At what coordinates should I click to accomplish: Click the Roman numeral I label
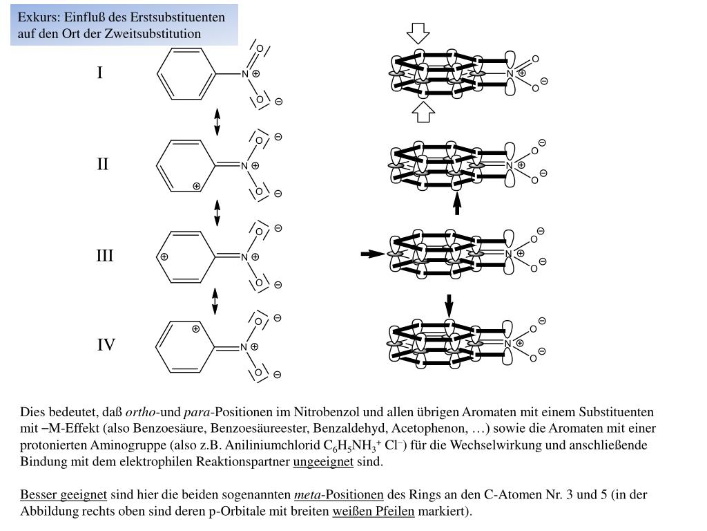(x=100, y=73)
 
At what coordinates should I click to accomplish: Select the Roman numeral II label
(x=102, y=165)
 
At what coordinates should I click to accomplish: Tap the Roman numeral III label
(x=104, y=257)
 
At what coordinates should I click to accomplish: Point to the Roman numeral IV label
(x=106, y=344)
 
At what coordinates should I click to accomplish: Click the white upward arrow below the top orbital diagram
(x=423, y=112)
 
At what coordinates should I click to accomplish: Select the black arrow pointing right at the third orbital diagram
(x=372, y=254)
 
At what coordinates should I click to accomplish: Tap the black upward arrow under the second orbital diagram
(x=456, y=203)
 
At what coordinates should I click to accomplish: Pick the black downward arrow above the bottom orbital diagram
(x=449, y=305)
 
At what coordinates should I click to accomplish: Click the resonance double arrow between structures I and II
(x=217, y=122)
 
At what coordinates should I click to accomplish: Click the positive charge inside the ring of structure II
(x=197, y=186)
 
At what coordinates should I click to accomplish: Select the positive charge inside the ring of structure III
(x=164, y=257)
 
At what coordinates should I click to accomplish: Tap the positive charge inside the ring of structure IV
(x=196, y=329)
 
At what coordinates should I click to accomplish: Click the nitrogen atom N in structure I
(x=244, y=74)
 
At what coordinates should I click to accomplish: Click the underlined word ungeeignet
(x=323, y=462)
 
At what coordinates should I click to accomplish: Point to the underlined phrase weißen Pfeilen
(x=374, y=512)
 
